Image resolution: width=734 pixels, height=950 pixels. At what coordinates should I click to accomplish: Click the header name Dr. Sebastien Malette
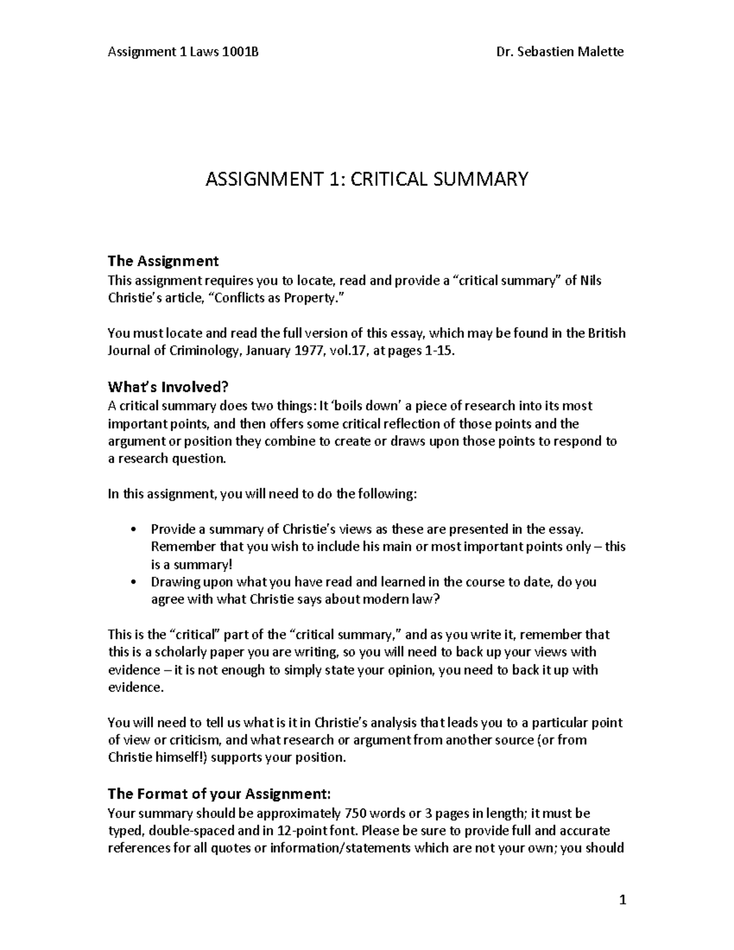click(x=560, y=52)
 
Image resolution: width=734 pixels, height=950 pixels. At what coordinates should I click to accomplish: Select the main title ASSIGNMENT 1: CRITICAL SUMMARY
click(x=366, y=179)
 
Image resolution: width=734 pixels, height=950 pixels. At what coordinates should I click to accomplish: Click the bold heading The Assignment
click(x=163, y=261)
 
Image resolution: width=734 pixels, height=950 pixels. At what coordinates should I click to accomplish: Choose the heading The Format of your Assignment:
click(x=219, y=794)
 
